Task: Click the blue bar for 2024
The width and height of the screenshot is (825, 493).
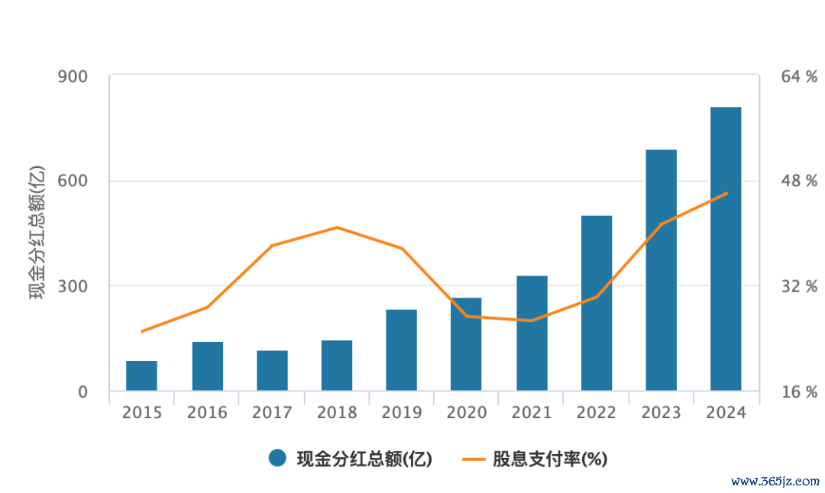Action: (726, 249)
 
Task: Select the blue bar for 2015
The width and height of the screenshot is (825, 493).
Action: (141, 375)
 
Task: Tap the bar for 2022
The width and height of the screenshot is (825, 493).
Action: (597, 303)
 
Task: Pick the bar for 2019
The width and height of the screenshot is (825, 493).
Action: (401, 350)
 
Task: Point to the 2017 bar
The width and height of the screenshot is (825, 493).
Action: (272, 370)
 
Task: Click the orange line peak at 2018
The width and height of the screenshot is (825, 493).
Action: (337, 227)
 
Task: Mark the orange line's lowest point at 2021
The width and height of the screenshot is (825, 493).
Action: (532, 321)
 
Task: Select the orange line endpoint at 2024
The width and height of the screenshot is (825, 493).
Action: (726, 193)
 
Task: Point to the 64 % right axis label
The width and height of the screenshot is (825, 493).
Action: (798, 76)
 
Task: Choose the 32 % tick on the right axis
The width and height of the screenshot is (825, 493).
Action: (798, 287)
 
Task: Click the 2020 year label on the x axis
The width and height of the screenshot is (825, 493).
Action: (466, 413)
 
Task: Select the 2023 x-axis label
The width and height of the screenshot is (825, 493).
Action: (661, 413)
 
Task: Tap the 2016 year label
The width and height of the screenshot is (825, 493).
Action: (207, 413)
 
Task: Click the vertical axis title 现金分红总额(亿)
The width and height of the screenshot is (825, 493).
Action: (37, 233)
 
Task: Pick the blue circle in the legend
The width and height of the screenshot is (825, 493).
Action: (277, 458)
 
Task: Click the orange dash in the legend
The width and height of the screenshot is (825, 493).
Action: (474, 459)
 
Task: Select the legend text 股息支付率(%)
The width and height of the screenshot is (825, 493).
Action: (550, 459)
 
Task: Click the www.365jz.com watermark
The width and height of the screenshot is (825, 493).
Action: (775, 482)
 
